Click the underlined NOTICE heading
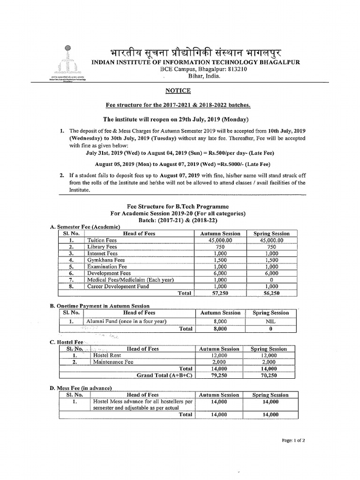pos(178,90)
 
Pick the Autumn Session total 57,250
pos(220,293)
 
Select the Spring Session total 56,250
pos(271,293)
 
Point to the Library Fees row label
pos(102,247)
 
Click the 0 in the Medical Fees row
pos(271,279)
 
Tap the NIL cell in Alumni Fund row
pos(271,321)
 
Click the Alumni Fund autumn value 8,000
pos(220,321)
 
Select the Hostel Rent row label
pos(107,355)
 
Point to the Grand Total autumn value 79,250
pos(219,375)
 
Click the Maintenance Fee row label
pos(113,362)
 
